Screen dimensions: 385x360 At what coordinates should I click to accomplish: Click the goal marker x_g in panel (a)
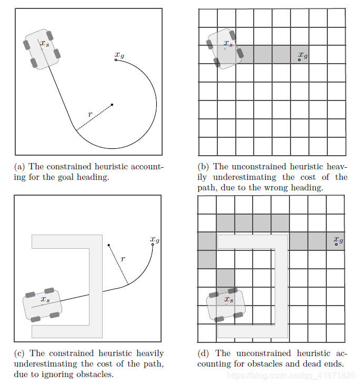pos(116,60)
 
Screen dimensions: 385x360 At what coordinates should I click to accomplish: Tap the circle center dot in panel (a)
pos(112,105)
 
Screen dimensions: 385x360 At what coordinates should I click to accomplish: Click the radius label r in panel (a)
pos(89,114)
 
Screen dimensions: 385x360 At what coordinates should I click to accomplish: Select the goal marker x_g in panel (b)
pos(299,59)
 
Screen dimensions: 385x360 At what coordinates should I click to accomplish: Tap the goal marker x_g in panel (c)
pos(153,244)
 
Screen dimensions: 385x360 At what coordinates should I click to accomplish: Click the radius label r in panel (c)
pos(123,259)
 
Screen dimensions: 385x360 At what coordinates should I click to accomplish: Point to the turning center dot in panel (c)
pos(109,245)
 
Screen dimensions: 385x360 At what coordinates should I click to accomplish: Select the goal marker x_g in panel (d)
pos(336,245)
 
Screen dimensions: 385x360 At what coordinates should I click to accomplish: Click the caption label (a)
pos(21,167)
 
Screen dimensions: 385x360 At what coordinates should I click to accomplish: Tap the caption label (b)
pos(204,167)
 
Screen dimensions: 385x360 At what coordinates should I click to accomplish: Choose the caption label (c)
pos(20,353)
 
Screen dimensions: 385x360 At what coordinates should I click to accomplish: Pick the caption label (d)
pos(204,353)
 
